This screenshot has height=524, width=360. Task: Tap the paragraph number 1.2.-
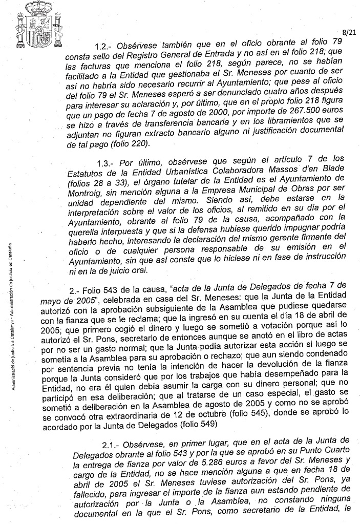click(107, 46)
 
